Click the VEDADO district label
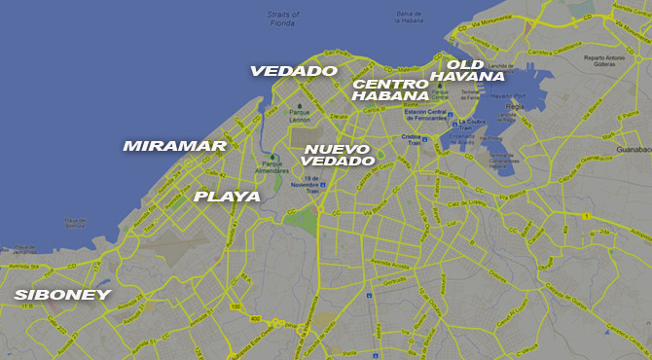click(x=293, y=71)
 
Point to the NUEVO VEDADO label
click(x=339, y=155)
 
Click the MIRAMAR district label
click(x=174, y=146)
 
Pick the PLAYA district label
click(x=227, y=197)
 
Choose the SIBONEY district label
click(x=61, y=294)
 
